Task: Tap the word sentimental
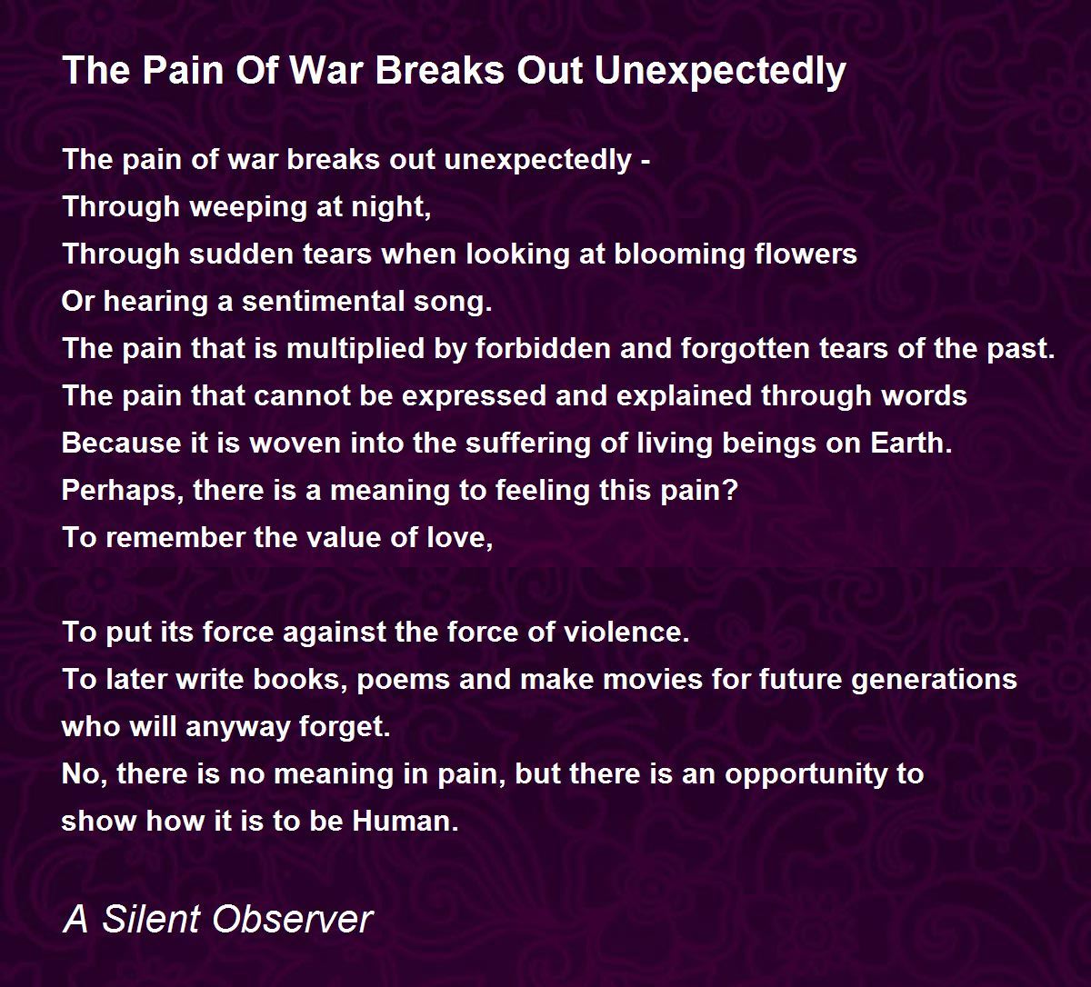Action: pos(323,301)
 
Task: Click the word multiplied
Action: pos(355,350)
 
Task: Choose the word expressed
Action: pos(475,397)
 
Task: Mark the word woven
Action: pos(295,444)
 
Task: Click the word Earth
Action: pos(911,444)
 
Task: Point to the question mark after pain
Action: pos(732,491)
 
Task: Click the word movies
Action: pos(653,679)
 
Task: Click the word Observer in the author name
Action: pos(292,919)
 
